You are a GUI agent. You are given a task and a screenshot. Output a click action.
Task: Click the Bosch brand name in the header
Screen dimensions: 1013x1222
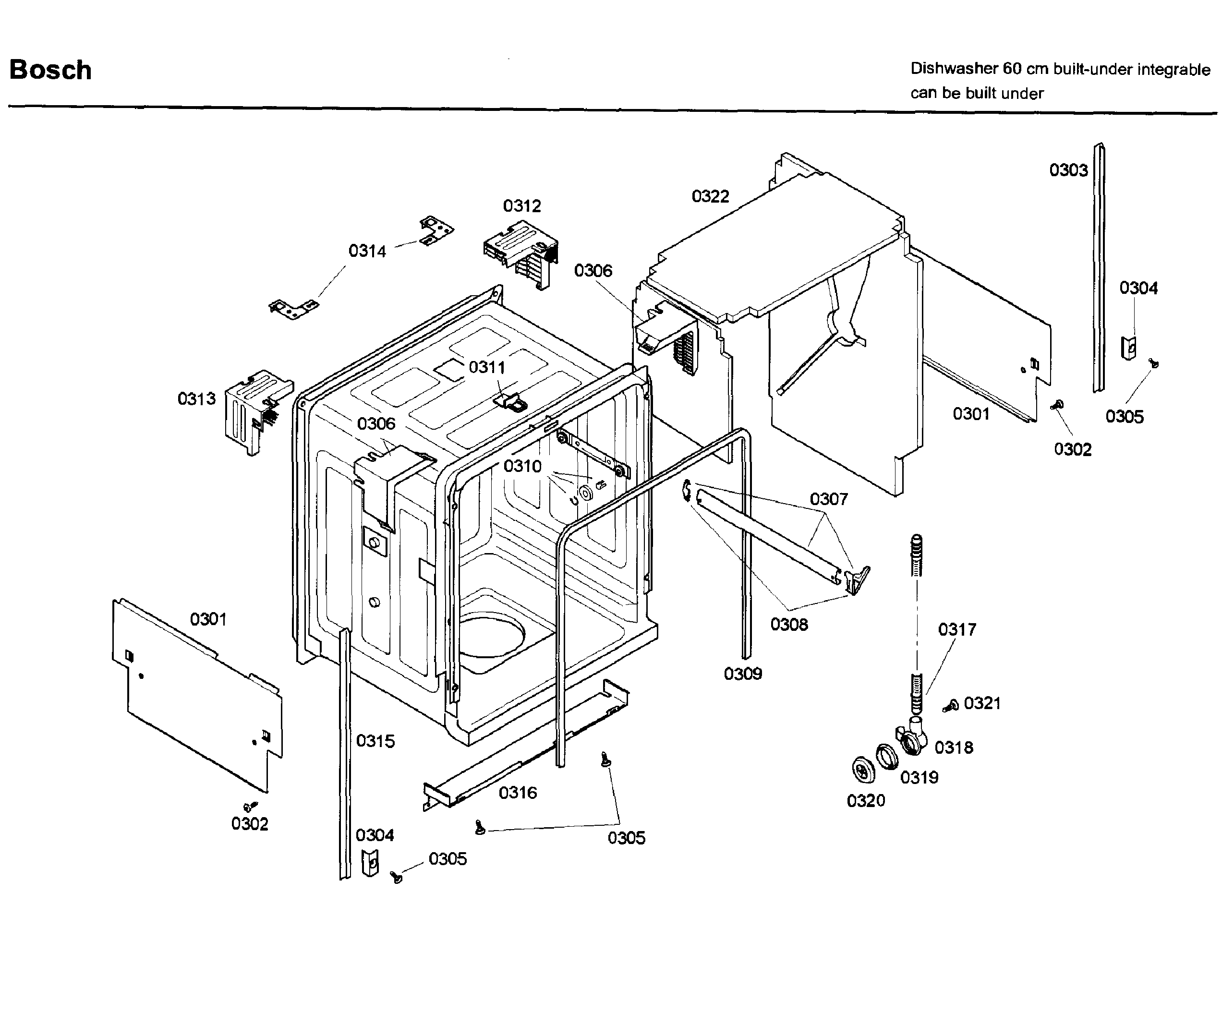point(50,70)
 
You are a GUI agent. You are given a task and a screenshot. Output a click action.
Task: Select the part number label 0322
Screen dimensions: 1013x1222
point(710,196)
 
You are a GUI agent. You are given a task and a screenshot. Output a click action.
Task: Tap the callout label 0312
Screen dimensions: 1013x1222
point(522,205)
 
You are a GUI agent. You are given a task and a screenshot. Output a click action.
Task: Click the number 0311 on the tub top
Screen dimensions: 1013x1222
point(486,367)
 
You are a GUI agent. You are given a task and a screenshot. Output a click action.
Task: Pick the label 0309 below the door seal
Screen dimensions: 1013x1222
point(742,674)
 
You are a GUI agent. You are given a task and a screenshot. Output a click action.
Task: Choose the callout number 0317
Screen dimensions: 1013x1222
point(956,629)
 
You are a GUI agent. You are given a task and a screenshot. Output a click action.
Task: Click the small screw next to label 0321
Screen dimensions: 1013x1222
point(951,705)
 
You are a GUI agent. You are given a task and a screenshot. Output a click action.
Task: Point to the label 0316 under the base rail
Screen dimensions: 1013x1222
point(517,793)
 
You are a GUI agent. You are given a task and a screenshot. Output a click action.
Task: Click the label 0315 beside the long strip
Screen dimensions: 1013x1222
point(375,741)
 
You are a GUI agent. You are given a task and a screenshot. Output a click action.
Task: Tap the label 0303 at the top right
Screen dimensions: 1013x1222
point(1068,170)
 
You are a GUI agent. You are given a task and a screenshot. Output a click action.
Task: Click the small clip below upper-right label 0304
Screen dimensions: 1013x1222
point(1128,348)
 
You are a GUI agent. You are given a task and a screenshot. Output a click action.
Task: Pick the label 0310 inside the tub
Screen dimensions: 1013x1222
point(522,466)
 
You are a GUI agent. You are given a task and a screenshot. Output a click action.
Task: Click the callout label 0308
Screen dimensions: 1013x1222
point(788,624)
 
